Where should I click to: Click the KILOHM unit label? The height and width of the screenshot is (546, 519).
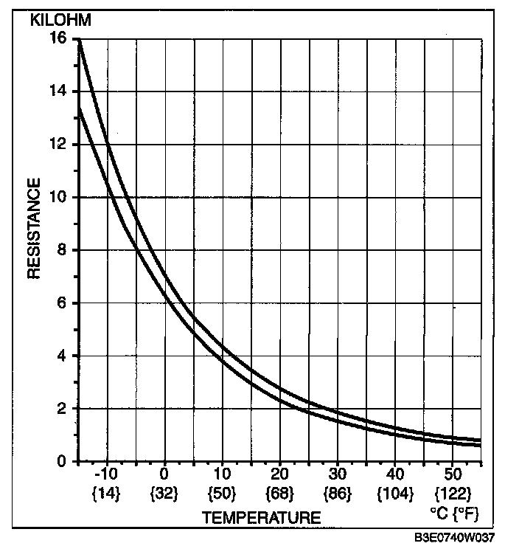click(60, 20)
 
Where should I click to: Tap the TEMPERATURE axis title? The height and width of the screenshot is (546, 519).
click(262, 517)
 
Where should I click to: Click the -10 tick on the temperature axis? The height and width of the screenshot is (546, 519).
click(107, 473)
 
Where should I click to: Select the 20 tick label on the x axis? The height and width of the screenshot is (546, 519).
click(280, 473)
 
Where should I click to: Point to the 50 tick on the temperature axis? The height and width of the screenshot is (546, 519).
click(453, 473)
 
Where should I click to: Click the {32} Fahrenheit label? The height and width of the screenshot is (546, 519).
click(164, 491)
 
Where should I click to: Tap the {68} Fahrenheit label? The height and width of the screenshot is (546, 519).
click(280, 491)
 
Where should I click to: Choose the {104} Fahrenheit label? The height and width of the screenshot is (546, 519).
click(396, 491)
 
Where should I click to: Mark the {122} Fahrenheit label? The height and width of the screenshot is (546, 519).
click(453, 491)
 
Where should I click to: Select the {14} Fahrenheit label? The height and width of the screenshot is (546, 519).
click(107, 491)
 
